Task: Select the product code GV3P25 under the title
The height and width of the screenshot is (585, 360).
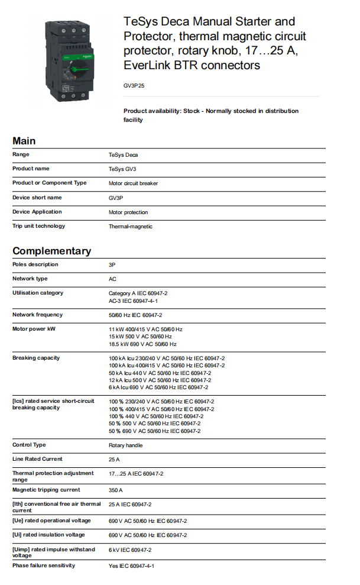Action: [x=134, y=86]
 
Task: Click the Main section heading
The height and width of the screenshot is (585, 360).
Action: [x=24, y=141]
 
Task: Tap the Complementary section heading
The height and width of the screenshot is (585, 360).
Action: [x=52, y=251]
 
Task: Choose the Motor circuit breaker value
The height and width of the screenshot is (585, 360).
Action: [x=133, y=183]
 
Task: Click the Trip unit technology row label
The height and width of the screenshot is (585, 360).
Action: [x=39, y=226]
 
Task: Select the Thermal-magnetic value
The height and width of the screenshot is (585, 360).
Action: [x=130, y=227]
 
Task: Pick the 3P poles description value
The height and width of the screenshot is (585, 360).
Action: [x=112, y=264]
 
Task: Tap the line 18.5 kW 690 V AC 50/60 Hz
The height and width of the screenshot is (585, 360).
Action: [x=142, y=344]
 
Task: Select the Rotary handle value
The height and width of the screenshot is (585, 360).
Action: [x=125, y=445]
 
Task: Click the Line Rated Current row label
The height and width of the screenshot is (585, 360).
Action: [x=37, y=459]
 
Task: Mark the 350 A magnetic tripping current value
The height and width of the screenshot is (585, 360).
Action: [x=116, y=490]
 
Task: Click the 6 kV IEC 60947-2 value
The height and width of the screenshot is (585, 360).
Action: [x=130, y=550]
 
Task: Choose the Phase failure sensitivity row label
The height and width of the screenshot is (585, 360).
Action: [x=44, y=565]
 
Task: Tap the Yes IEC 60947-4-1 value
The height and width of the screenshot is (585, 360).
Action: [x=131, y=566]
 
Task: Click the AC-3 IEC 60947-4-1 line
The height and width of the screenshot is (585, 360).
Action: [x=133, y=300]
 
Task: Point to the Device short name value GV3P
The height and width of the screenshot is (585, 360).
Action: [x=115, y=198]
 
